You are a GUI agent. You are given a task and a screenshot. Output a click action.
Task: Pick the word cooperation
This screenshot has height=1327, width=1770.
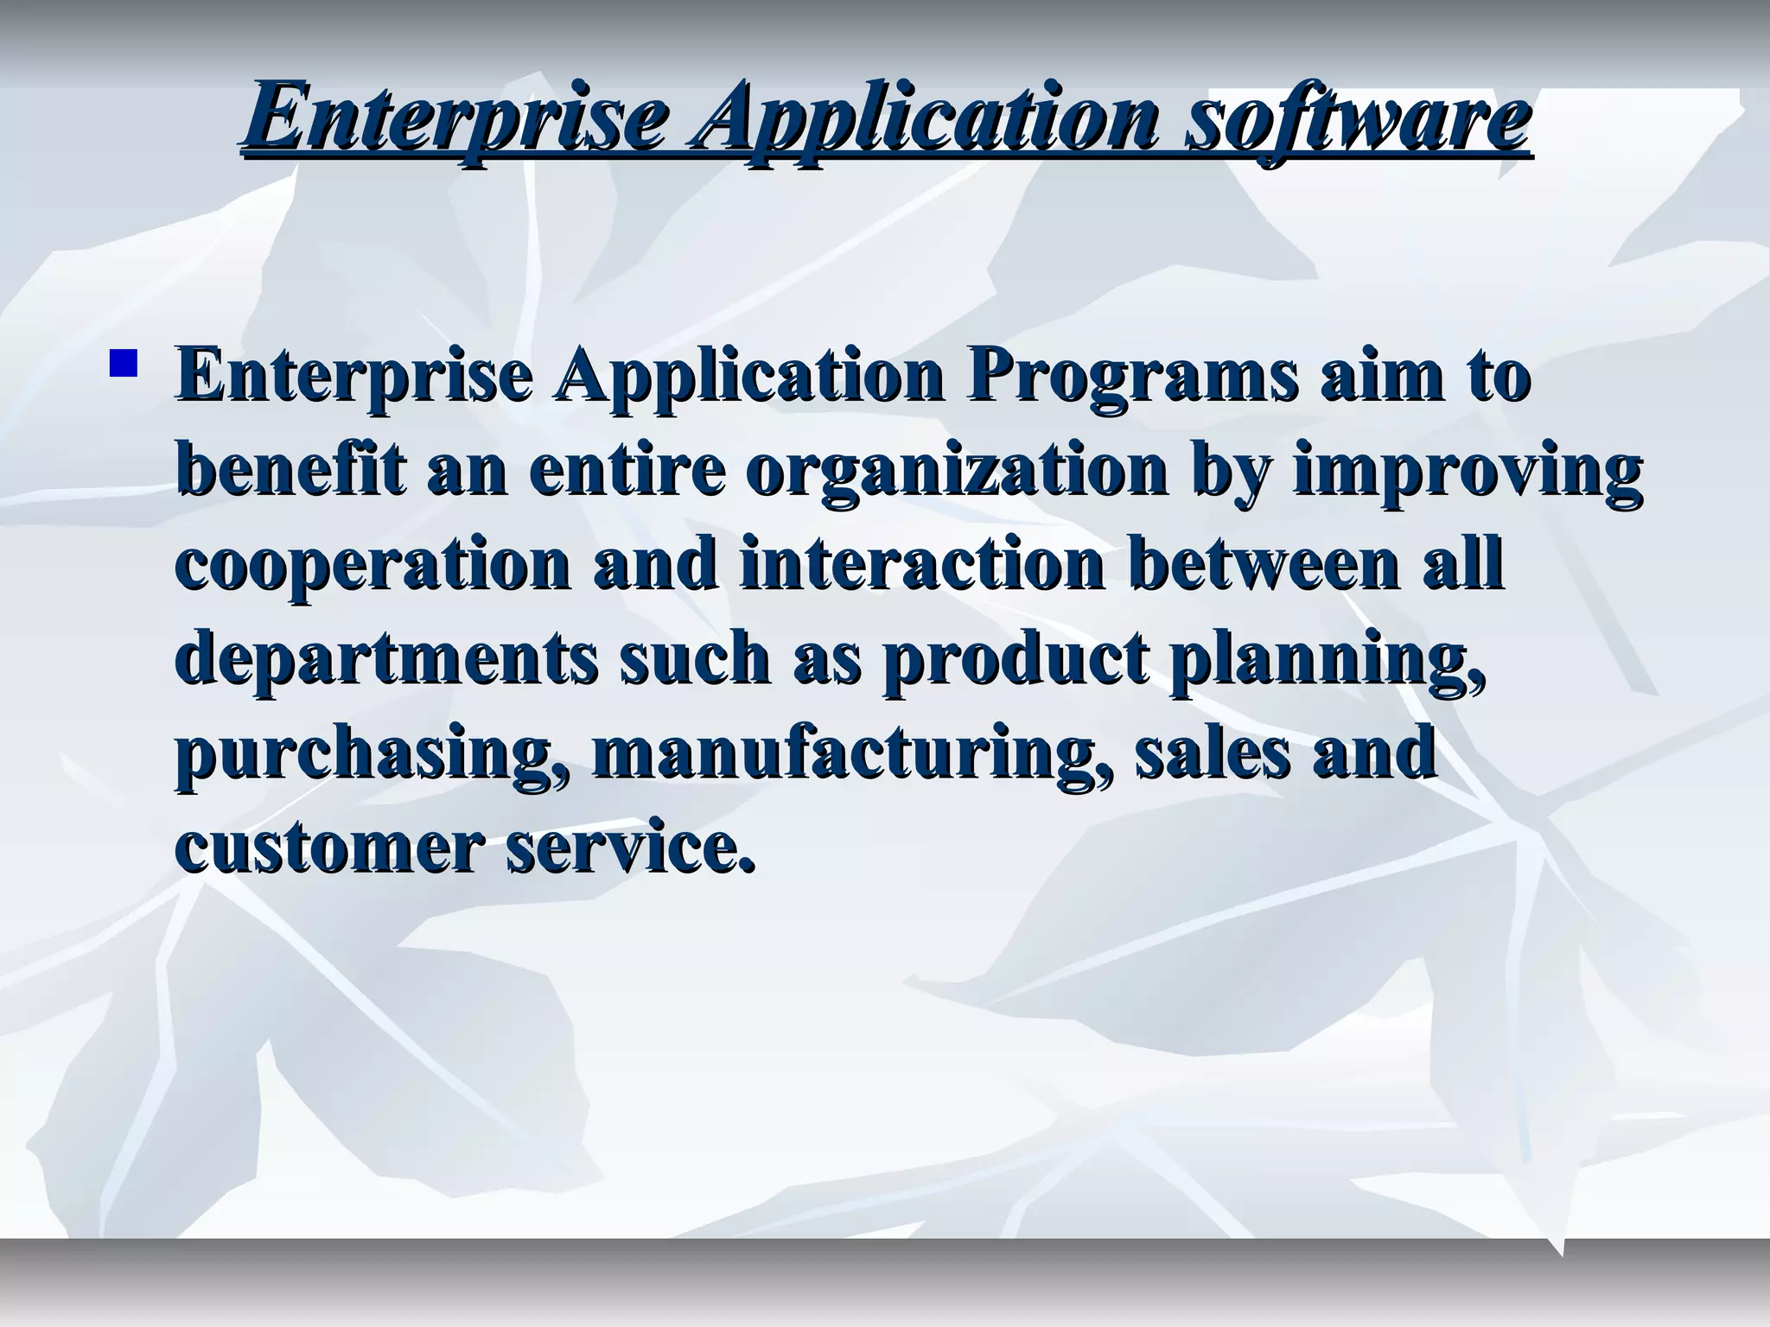click(x=373, y=566)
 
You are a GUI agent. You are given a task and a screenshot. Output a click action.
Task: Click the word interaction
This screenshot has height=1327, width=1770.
click(x=921, y=566)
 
